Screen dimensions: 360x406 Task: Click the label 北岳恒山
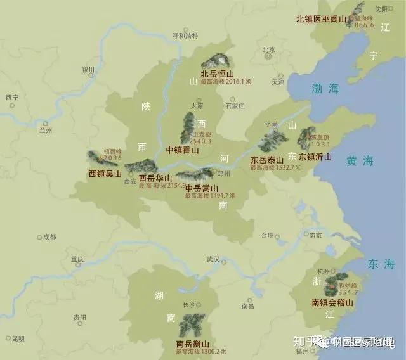(x=218, y=74)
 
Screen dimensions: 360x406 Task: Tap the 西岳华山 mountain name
(x=156, y=178)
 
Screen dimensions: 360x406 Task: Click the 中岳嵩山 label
(x=202, y=188)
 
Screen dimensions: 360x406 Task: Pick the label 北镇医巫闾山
(x=322, y=19)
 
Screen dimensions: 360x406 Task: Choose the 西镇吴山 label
(x=105, y=173)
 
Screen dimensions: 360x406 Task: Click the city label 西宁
(x=11, y=98)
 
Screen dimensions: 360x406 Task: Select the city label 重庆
(x=77, y=259)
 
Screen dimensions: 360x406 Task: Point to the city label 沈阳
(x=381, y=9)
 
